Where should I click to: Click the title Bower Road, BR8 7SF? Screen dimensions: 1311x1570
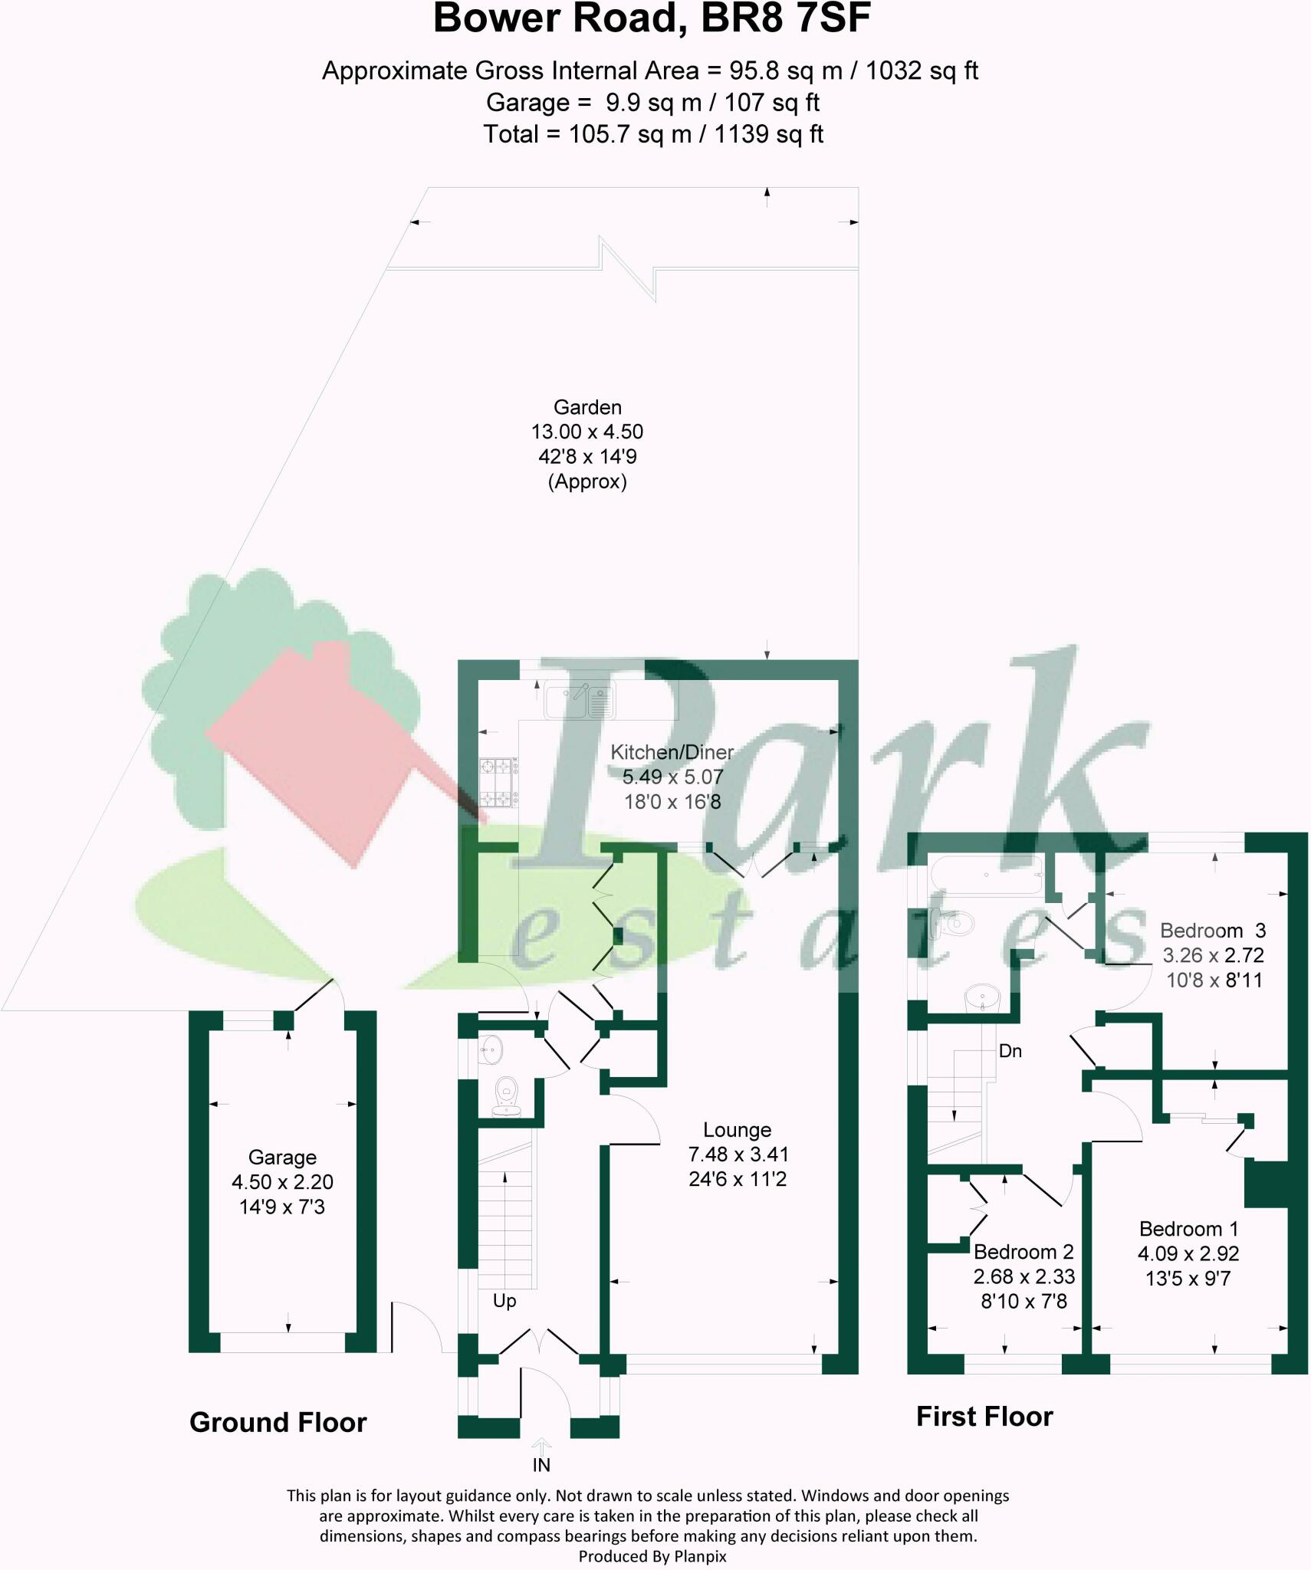tap(652, 20)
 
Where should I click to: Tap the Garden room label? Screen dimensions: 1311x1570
tap(587, 407)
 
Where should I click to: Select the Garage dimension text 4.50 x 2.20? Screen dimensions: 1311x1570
tap(282, 1181)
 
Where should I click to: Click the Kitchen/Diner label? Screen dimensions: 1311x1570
tap(672, 752)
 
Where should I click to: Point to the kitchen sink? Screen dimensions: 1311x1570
tap(580, 700)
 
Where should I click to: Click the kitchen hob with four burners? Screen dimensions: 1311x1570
tap(497, 782)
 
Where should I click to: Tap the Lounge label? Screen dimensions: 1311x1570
tap(737, 1129)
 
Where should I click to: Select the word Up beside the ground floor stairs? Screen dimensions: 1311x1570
tap(504, 1301)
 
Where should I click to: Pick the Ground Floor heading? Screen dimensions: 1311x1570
tap(278, 1422)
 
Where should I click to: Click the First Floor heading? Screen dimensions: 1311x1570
tap(984, 1416)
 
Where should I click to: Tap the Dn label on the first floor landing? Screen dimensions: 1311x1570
tap(1010, 1051)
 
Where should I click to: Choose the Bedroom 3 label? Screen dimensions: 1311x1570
tap(1212, 931)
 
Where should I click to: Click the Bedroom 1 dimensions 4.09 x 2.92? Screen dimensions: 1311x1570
tap(1188, 1253)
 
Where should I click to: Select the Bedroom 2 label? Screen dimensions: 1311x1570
tap(1024, 1252)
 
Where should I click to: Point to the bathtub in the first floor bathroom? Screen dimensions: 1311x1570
tap(985, 875)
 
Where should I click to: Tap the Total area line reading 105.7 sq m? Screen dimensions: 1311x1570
tap(652, 134)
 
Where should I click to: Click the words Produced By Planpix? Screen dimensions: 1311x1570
tap(652, 1556)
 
